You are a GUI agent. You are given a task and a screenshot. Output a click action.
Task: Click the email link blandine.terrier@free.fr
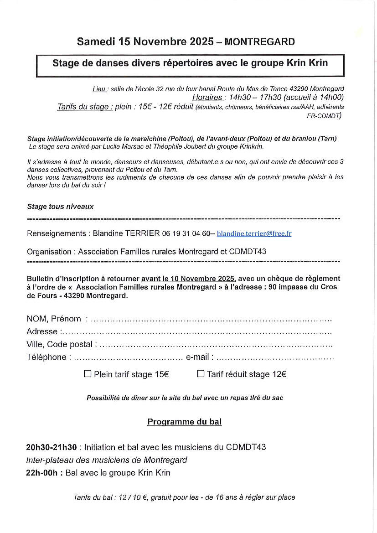pyautogui.click(x=254, y=233)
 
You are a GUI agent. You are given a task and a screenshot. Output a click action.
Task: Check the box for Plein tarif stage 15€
pyautogui.click(x=88, y=374)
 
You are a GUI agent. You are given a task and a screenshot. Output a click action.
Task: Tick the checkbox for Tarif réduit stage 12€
pyautogui.click(x=201, y=374)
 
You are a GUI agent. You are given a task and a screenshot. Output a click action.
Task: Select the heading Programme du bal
pyautogui.click(x=184, y=422)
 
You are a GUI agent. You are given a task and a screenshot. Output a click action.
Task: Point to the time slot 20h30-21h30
pyautogui.click(x=52, y=447)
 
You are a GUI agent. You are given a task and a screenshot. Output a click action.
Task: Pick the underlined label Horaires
pyautogui.click(x=207, y=98)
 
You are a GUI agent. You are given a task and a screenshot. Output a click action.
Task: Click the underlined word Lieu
pyautogui.click(x=99, y=89)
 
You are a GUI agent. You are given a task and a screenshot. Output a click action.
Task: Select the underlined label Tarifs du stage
pyautogui.click(x=85, y=107)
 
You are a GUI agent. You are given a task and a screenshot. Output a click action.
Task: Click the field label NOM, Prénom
pyautogui.click(x=54, y=319)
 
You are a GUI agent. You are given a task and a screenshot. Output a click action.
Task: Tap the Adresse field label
pyautogui.click(x=42, y=331)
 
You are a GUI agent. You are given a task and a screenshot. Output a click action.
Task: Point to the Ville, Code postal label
pyautogui.click(x=59, y=344)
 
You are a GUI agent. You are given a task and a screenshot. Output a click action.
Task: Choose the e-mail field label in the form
pyautogui.click(x=197, y=357)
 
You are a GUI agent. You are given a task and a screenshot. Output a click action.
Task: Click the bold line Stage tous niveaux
pyautogui.click(x=60, y=207)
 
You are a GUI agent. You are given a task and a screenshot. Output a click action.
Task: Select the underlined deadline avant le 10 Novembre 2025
pyautogui.click(x=188, y=279)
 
